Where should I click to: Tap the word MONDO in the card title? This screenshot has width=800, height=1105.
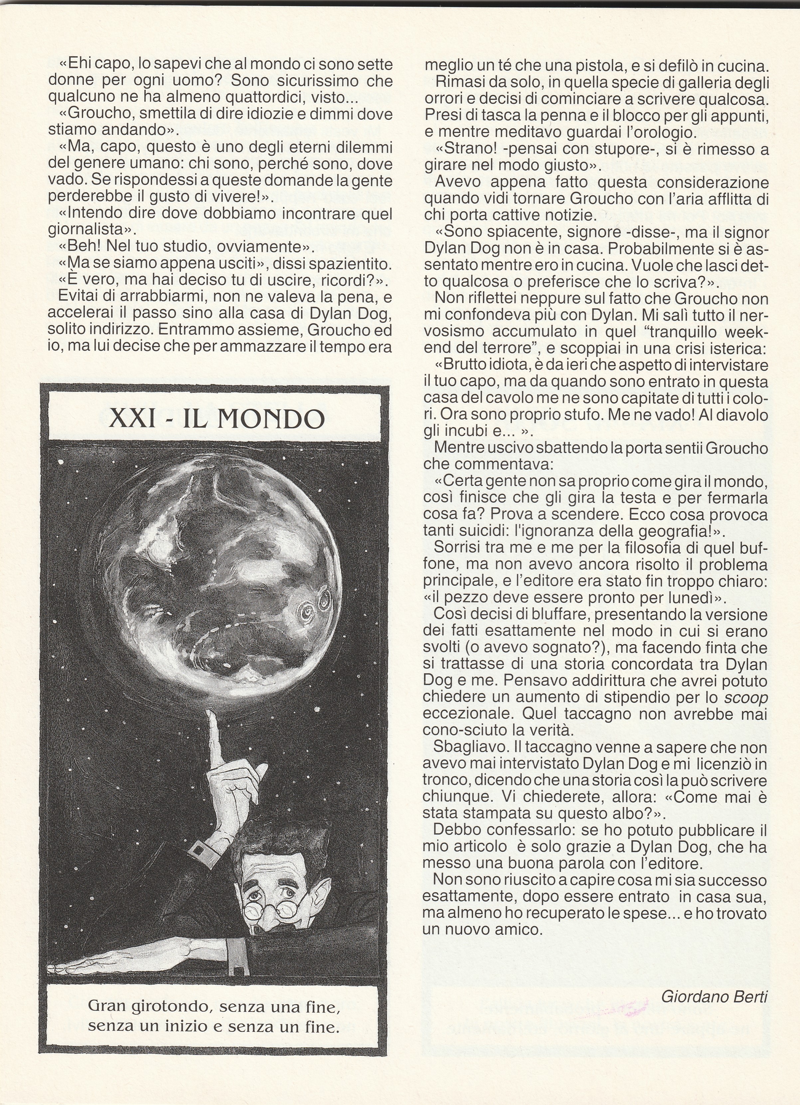270,418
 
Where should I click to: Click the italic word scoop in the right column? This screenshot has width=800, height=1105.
746,697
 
